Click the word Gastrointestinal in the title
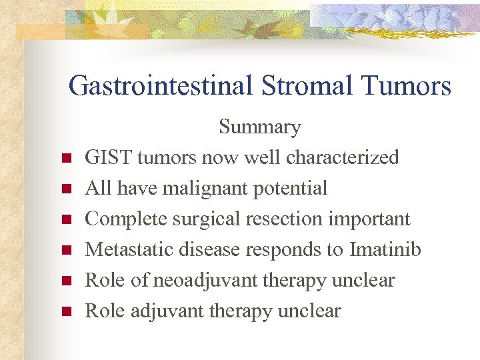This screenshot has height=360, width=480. click(159, 86)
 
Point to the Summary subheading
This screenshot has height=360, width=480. click(259, 127)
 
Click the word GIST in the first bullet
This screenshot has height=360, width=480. click(105, 157)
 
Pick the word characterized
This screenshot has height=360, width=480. click(342, 157)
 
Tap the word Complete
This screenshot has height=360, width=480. click(125, 219)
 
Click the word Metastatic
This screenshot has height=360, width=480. click(125, 249)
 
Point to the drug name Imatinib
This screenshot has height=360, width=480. click(385, 249)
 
